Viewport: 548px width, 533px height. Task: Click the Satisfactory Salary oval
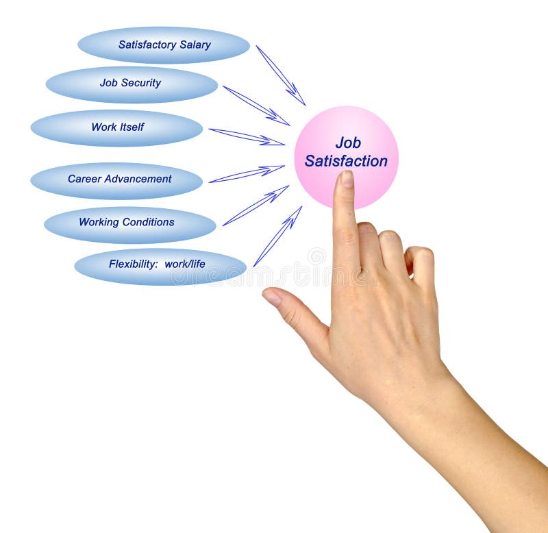[x=163, y=45]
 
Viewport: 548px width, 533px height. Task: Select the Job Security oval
[x=132, y=84]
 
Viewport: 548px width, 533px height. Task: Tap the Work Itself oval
[x=116, y=127]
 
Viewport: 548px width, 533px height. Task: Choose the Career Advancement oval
[x=116, y=179]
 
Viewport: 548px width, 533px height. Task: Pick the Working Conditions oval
[x=129, y=223]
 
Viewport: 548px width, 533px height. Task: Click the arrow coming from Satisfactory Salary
[x=280, y=75]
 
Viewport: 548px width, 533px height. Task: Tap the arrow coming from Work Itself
[x=247, y=137]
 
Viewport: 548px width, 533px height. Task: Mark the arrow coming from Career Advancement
[x=247, y=174]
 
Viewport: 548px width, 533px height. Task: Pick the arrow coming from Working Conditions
[x=255, y=205]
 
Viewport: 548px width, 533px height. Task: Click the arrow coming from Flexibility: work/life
[x=277, y=236]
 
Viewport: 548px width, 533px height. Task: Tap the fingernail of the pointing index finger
[x=347, y=179]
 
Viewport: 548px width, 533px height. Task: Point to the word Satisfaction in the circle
[x=346, y=162]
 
